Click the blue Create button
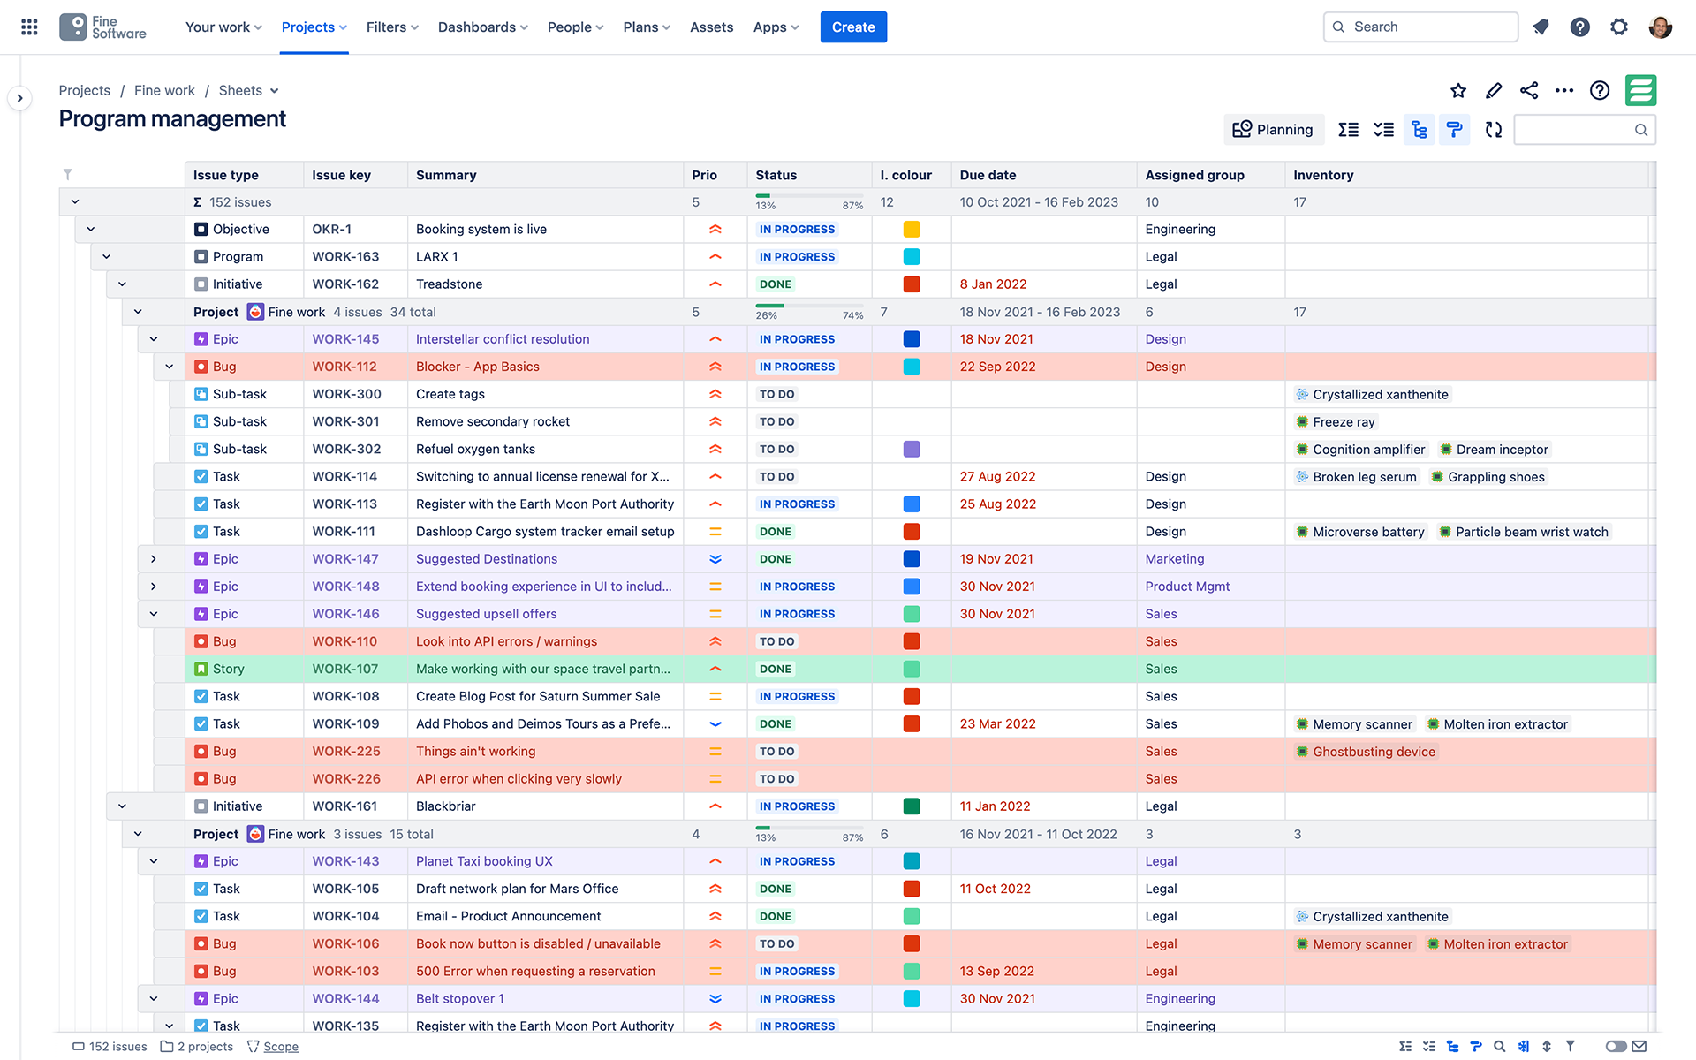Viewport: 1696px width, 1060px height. tap(852, 27)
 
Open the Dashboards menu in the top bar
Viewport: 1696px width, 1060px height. tap(482, 27)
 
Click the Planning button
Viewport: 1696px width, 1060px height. tap(1273, 130)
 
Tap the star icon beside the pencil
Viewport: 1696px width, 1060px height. tap(1458, 91)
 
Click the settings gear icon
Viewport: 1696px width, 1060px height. tap(1618, 27)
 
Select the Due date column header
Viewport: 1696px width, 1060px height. tap(988, 175)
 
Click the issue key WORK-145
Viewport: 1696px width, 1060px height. tap(345, 339)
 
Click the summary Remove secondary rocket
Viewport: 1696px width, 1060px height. tap(492, 421)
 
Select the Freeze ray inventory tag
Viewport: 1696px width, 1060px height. tap(1343, 422)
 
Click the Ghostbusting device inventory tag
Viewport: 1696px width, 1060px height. tap(1373, 752)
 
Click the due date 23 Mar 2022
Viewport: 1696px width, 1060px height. tap(997, 724)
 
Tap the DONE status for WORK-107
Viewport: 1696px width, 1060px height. tap(775, 670)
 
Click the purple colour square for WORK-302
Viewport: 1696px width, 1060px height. tap(912, 450)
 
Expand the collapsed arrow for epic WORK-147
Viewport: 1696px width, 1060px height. tap(154, 559)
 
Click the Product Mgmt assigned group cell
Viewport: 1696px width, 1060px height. tap(1187, 587)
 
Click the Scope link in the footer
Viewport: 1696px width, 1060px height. tap(280, 1047)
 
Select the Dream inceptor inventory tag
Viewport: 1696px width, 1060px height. tap(1501, 450)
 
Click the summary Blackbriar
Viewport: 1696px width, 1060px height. tap(445, 806)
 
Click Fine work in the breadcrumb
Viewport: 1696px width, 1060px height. tap(164, 91)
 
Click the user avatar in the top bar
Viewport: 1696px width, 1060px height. tap(1660, 27)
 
